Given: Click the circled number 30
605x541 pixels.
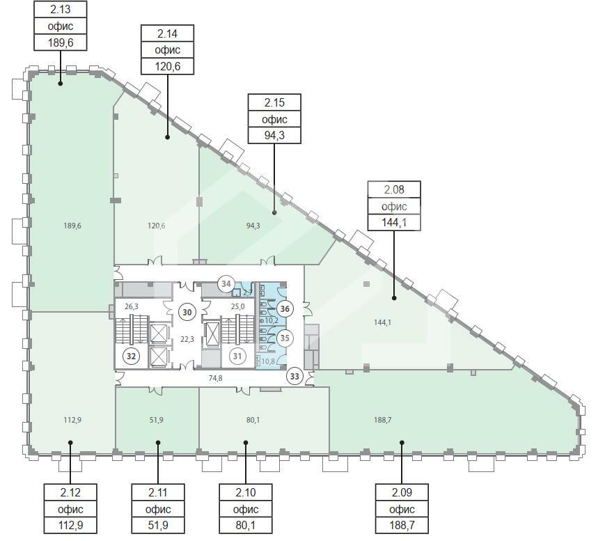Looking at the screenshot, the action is tap(187, 312).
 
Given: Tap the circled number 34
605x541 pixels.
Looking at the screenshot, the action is tap(226, 284).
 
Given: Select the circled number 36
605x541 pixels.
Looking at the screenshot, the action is tap(285, 308).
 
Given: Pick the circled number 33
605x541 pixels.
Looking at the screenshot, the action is tap(294, 376).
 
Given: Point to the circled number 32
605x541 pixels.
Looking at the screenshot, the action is tap(131, 356).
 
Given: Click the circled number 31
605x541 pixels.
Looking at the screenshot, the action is tap(237, 356).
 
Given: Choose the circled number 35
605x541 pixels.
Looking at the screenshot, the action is tap(285, 338).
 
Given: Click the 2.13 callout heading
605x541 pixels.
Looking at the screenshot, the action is tap(61, 9).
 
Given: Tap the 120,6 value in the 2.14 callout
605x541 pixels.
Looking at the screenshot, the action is tap(168, 66).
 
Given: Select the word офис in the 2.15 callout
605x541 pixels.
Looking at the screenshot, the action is tap(274, 119).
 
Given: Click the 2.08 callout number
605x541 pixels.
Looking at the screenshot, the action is tap(394, 189).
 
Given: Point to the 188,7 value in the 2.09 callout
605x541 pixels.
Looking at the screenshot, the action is tap(402, 525).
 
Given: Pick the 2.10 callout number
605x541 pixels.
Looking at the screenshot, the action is tap(245, 492).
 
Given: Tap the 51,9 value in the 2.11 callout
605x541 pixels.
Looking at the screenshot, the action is tap(158, 525).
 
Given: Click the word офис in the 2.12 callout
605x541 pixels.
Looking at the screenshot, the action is tap(70, 510).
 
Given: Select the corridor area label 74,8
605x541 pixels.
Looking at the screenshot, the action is tap(215, 379).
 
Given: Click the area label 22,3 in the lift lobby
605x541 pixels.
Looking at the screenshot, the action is tap(187, 339).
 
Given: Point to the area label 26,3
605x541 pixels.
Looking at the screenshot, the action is tap(131, 307).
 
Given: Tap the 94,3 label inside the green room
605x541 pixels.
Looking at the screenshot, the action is tap(253, 226).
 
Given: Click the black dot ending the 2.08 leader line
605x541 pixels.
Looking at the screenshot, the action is tap(394, 298).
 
